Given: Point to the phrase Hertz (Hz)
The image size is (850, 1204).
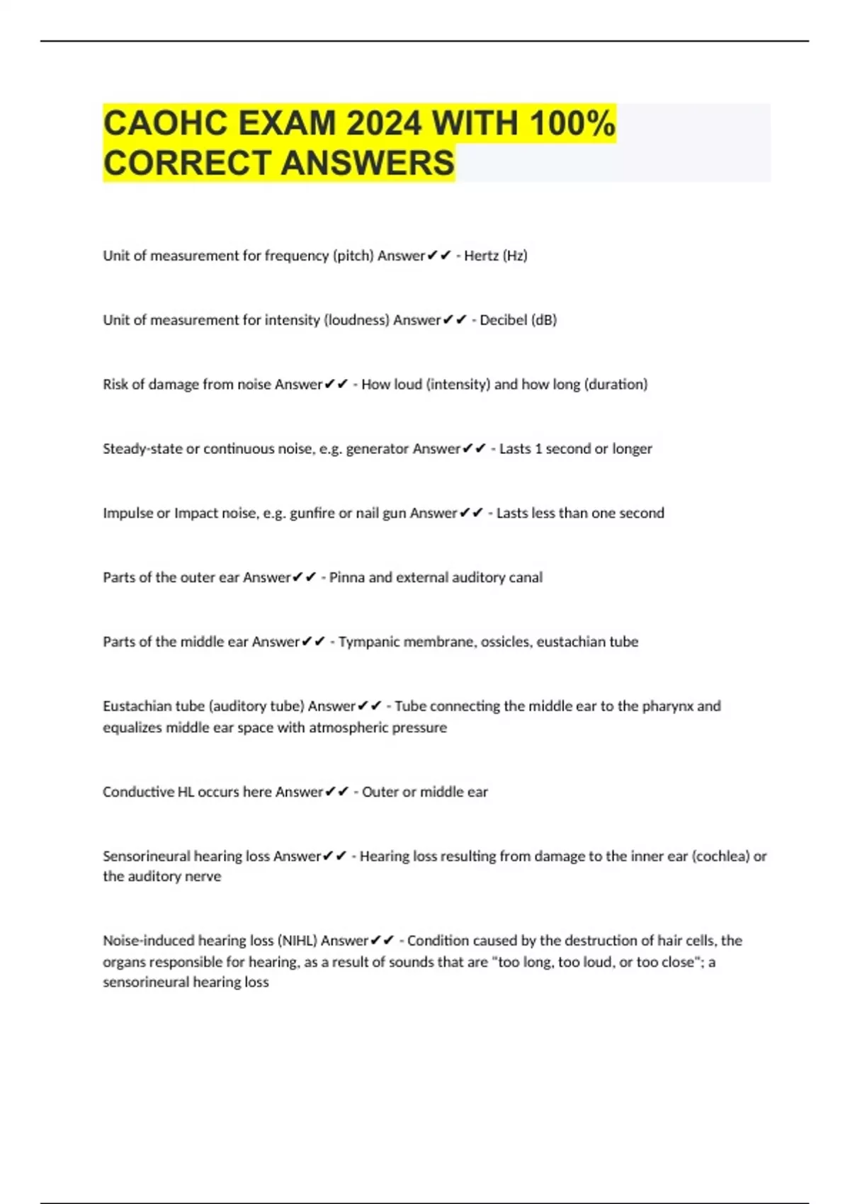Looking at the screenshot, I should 496,256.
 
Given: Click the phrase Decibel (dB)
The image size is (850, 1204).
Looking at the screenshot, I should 518,320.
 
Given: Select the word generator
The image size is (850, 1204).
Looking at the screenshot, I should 378,449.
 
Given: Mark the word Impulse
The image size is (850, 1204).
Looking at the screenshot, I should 127,513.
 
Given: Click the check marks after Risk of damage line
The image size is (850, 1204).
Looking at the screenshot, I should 336,385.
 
